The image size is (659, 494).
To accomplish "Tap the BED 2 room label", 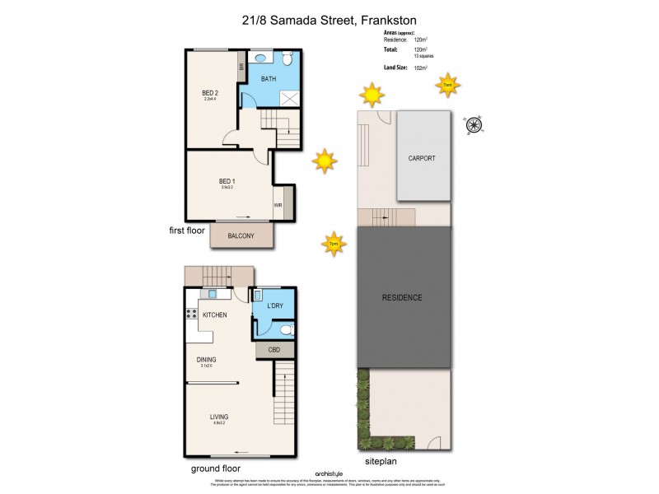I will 210,93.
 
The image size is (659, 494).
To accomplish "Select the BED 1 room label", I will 227,181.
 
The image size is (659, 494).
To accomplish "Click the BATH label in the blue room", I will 269,79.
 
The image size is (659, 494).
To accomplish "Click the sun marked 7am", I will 447,85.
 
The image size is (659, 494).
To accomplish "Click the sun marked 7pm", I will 333,243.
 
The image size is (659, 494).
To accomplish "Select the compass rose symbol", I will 474,125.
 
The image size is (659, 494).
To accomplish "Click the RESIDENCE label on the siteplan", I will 402,297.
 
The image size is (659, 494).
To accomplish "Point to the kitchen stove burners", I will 191,314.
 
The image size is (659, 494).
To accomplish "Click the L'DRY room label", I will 275,306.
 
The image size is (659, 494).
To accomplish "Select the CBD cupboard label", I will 274,350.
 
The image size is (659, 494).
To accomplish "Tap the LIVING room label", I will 218,417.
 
